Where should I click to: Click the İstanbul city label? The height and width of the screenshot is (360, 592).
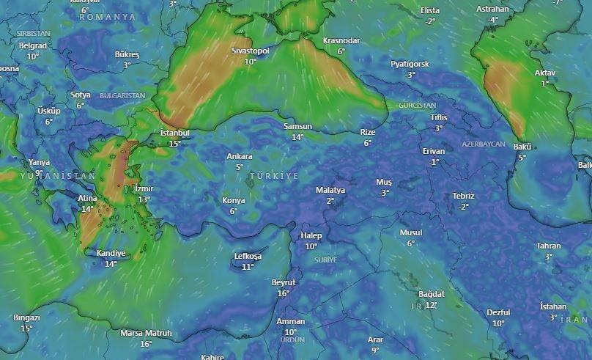(x=174, y=133)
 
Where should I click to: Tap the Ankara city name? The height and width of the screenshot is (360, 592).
(x=240, y=156)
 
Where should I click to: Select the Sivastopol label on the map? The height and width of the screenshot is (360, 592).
(x=251, y=51)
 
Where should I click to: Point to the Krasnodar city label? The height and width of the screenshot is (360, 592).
(x=341, y=41)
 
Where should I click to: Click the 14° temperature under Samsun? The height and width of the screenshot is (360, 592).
(x=297, y=137)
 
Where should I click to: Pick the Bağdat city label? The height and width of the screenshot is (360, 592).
(x=432, y=294)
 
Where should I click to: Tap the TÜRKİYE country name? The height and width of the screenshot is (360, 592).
(x=274, y=177)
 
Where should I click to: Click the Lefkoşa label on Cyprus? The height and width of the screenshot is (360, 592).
(x=248, y=256)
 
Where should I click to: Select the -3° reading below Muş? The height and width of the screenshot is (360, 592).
(x=384, y=193)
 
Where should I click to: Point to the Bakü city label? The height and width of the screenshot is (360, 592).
(x=522, y=147)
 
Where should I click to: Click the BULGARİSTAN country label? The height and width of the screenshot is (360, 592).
(x=122, y=96)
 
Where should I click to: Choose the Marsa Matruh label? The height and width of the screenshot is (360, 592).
(x=146, y=333)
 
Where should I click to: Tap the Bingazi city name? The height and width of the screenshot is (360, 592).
(x=26, y=317)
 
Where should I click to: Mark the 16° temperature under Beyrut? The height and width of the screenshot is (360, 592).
(x=284, y=293)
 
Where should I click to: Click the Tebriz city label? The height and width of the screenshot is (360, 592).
(x=463, y=196)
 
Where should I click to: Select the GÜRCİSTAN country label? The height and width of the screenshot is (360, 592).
(x=417, y=106)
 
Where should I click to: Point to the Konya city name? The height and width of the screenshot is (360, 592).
(x=234, y=200)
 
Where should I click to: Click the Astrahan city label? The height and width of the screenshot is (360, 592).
(x=492, y=9)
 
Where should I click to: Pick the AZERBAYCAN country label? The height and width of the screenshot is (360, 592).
(x=484, y=144)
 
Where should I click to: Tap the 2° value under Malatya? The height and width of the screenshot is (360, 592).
(x=330, y=201)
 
